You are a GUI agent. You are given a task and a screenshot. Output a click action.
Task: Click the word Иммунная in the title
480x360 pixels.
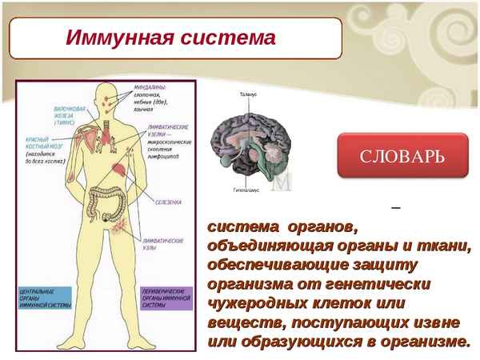[x=111, y=38]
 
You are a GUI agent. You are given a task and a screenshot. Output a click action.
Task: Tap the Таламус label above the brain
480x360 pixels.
[x=249, y=94]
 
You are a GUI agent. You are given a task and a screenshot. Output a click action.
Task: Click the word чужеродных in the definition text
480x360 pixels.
[x=252, y=303]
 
